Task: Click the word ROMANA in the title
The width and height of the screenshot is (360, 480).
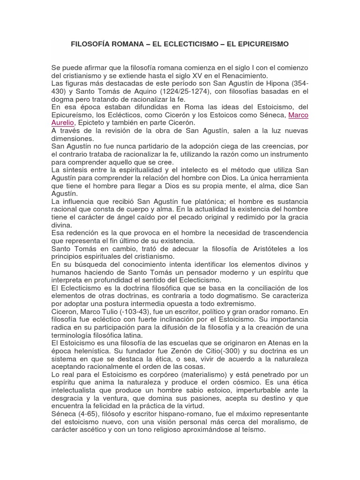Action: [x=127, y=45]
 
